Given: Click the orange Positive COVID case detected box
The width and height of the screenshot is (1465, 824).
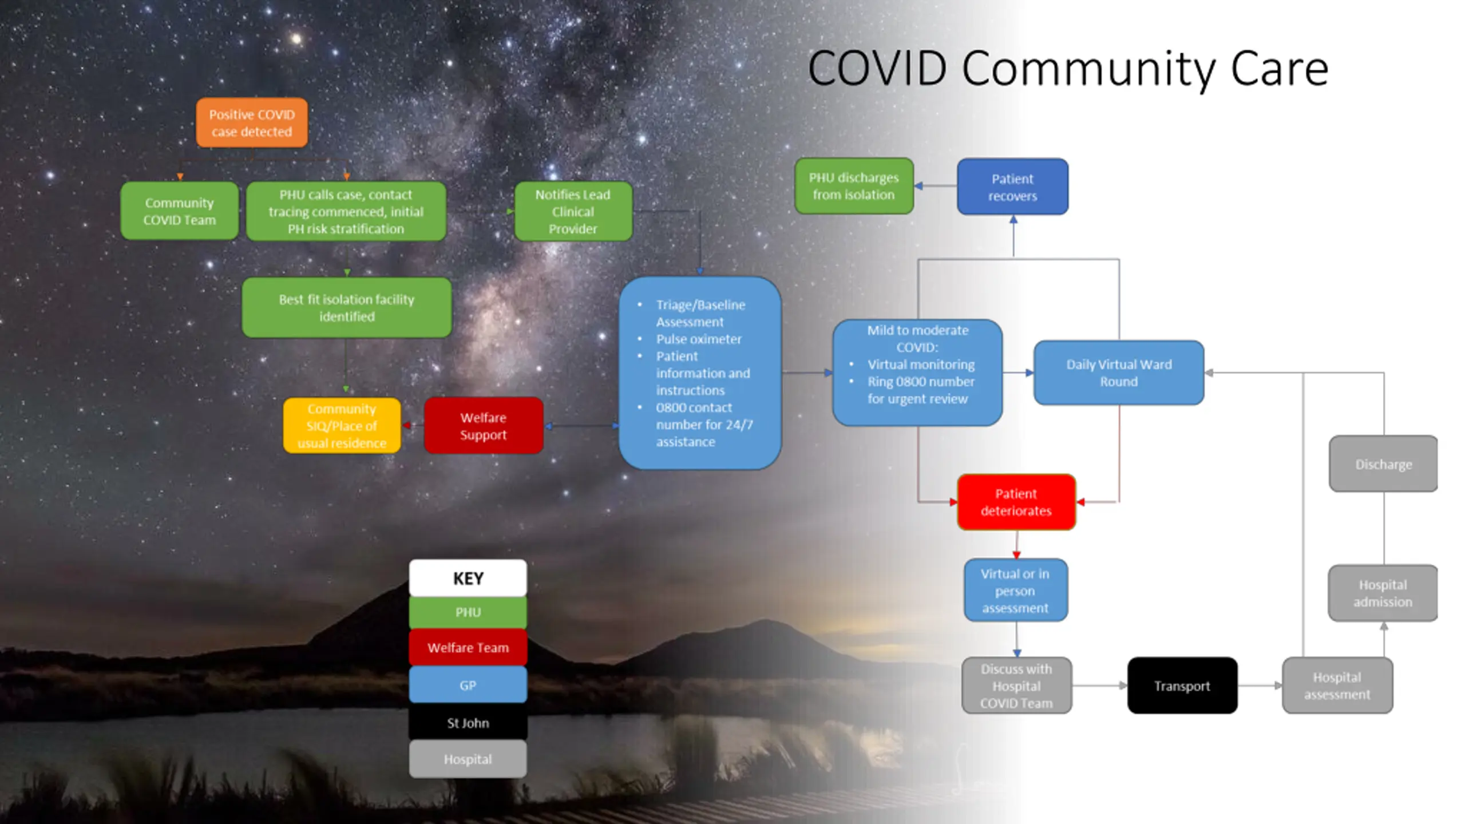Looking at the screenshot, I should point(252,122).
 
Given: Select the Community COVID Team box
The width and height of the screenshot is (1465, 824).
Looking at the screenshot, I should point(179,211).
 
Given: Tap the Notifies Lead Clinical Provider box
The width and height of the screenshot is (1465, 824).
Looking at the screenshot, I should point(573,211).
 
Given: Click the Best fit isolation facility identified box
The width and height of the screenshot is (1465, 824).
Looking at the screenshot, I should point(346,307).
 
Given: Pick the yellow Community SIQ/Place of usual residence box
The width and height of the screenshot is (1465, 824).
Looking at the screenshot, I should point(342,426).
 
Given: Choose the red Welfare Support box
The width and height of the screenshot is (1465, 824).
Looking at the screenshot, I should point(483,426).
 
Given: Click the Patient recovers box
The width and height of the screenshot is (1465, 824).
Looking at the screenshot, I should point(1012,187).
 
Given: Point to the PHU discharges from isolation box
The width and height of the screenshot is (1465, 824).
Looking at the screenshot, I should point(853,186).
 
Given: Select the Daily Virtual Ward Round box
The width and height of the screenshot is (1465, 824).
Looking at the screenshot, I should point(1118,373).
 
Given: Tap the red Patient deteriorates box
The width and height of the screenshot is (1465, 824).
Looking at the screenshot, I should point(1016,502).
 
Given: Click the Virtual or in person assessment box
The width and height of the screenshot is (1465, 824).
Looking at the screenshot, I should point(1015,590).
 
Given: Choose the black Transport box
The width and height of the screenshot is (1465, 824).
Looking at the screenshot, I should point(1182,686).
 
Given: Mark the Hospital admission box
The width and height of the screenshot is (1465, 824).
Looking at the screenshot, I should point(1382,593).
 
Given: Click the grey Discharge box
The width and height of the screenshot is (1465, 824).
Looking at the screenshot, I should point(1383,464).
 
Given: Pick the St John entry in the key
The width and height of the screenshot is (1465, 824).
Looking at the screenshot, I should point(468,723).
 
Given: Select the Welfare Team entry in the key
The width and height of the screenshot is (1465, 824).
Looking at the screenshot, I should point(468,648).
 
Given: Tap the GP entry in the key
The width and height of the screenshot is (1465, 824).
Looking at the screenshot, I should point(468,685).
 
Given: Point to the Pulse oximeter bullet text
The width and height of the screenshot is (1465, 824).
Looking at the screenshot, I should point(698,339).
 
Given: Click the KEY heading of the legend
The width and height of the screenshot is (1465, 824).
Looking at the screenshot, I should point(468,579).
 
